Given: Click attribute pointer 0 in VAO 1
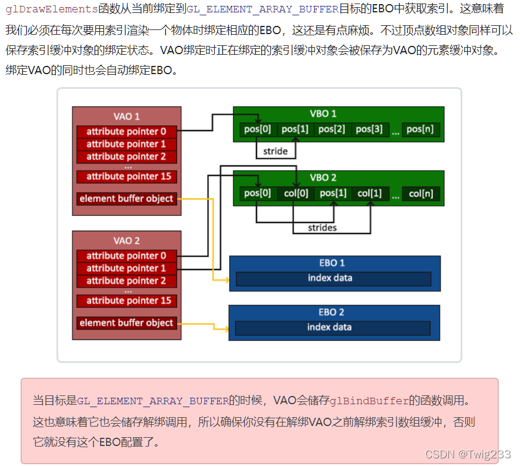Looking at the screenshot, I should [x=126, y=131].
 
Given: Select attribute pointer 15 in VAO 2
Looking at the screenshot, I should [x=126, y=301].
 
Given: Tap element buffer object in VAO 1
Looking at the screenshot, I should [x=126, y=199].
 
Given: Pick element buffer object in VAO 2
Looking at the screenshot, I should [x=126, y=323].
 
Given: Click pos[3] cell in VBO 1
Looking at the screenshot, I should [x=369, y=129].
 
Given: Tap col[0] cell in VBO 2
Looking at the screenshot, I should [x=295, y=193].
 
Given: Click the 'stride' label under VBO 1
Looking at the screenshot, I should [x=275, y=151].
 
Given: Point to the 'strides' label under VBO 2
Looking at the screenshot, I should [x=322, y=227].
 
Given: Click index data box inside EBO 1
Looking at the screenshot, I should [x=333, y=278].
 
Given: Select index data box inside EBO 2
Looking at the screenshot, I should [x=333, y=327].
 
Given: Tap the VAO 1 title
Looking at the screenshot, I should [x=126, y=116].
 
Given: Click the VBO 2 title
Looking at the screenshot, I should [x=323, y=178].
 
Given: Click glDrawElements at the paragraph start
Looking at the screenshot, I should [x=51, y=9].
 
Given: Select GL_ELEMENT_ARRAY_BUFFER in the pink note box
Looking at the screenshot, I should [x=152, y=401].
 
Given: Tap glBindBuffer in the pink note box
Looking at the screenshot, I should [x=369, y=401].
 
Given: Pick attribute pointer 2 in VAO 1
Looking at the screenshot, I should [x=126, y=157].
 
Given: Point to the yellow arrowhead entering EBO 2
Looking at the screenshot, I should [x=226, y=328].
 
